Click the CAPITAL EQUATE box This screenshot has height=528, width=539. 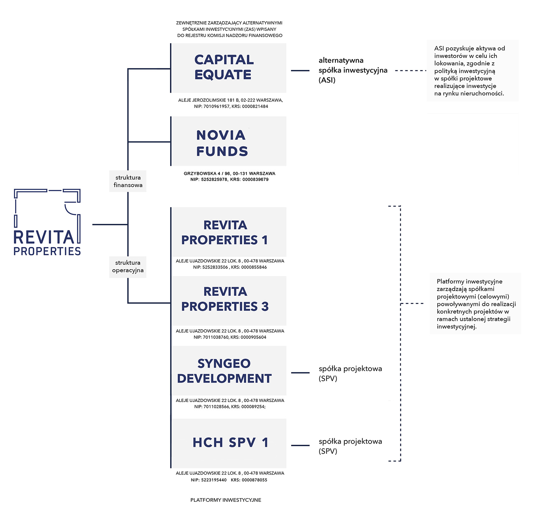(x=229, y=68)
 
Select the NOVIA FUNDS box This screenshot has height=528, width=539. (x=229, y=141)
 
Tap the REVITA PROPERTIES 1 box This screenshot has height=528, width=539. (x=229, y=232)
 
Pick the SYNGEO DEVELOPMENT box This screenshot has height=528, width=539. (x=229, y=370)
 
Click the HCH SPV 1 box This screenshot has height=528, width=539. (x=229, y=443)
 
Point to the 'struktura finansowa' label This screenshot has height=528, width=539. (x=128, y=181)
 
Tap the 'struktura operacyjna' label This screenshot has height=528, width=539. (x=128, y=266)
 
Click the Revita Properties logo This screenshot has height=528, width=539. (x=47, y=222)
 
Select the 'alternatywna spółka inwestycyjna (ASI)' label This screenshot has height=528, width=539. (x=353, y=70)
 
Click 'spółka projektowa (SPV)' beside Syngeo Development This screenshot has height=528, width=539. (x=350, y=373)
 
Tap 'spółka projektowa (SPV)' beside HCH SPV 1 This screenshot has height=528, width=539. (x=350, y=446)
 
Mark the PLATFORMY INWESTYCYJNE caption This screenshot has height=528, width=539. (x=226, y=500)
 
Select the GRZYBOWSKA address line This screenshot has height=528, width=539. (x=229, y=173)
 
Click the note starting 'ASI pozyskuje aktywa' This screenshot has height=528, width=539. (x=472, y=71)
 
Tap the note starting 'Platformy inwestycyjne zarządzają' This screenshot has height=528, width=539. (x=475, y=304)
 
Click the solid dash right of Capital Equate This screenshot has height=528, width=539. (x=300, y=71)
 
